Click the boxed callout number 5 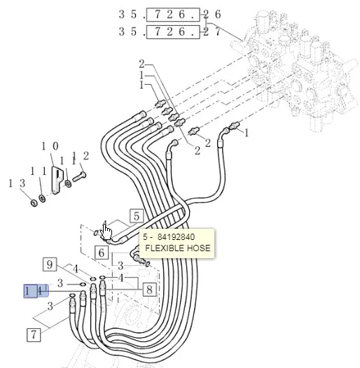tap(137, 216)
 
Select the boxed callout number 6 tap(102, 253)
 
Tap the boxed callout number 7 tap(34, 334)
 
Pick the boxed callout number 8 tap(149, 290)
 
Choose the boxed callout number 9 tap(50, 264)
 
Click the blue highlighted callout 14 tap(36, 291)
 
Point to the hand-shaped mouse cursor tap(106, 232)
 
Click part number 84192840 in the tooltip tap(176, 237)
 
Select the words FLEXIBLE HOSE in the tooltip tap(178, 248)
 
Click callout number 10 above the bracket tap(50, 146)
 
